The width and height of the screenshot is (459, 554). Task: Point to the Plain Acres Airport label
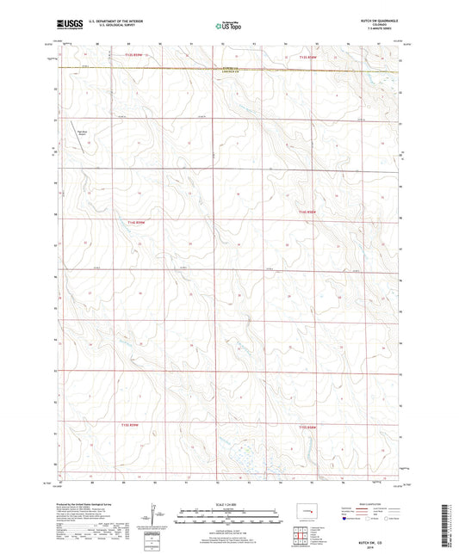click(83, 132)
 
